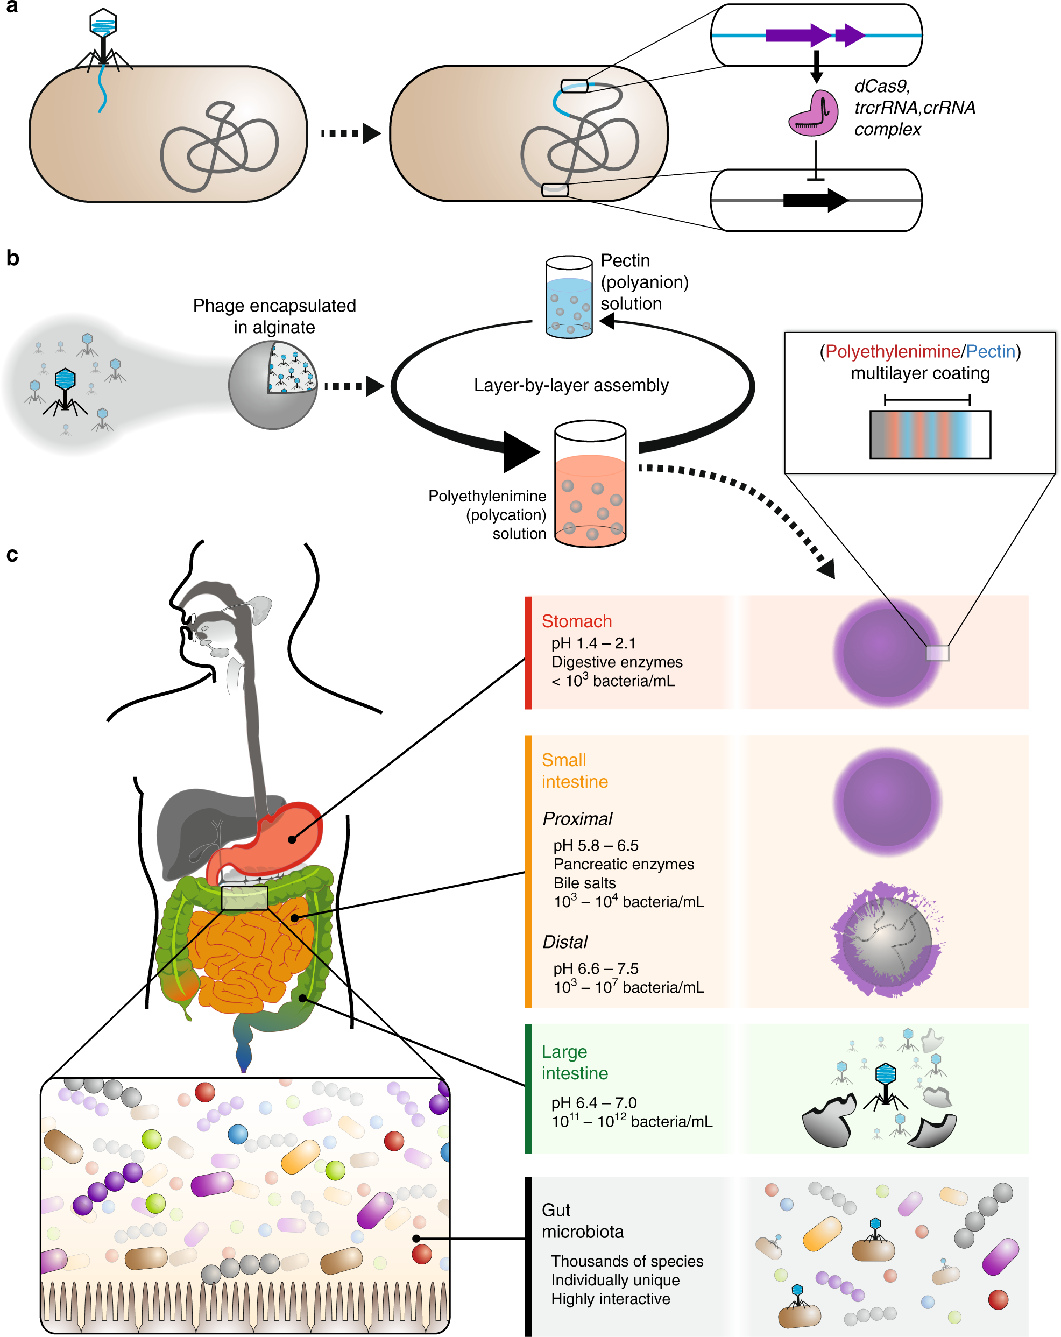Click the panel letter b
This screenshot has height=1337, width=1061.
click(12, 258)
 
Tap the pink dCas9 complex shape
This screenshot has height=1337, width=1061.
click(812, 114)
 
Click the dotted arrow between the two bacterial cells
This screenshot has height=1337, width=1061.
click(350, 133)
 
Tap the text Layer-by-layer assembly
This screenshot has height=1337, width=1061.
click(570, 385)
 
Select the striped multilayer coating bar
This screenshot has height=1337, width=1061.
click(930, 435)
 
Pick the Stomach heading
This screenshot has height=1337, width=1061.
click(576, 621)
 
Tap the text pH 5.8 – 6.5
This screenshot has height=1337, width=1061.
click(595, 845)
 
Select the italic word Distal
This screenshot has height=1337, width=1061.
click(564, 942)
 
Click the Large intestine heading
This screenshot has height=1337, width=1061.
click(574, 1062)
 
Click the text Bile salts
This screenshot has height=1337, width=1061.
click(584, 883)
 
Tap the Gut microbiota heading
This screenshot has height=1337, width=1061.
click(582, 1220)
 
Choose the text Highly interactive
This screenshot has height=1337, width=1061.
click(610, 1299)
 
